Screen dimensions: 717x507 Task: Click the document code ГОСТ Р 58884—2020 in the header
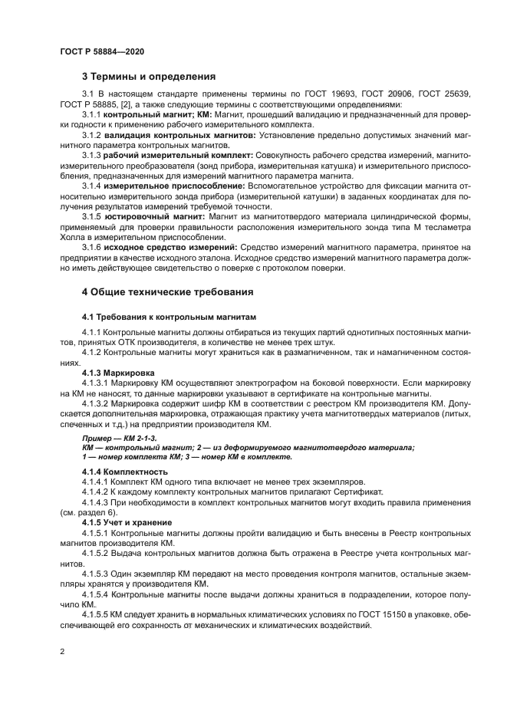101,52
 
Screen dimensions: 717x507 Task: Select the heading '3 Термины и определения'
149,77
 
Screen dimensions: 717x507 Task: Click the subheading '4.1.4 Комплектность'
124,471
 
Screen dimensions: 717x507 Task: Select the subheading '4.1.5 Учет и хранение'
130,521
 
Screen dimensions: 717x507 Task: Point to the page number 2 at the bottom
61,651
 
